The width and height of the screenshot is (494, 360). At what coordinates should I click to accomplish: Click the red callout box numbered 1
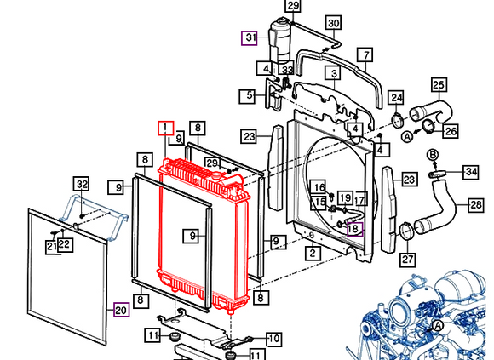coord(164,129)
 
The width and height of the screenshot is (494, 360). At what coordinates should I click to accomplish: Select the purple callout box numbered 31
coord(249,37)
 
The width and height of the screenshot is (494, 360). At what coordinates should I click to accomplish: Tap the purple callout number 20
coord(120,310)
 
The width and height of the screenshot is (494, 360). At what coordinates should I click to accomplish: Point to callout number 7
coord(365,57)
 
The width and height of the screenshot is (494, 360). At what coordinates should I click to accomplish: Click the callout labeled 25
coord(439,84)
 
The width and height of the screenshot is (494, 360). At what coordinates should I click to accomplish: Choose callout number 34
coord(471,173)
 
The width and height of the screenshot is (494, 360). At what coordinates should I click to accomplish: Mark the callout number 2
coord(313,252)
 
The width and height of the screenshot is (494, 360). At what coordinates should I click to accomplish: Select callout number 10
coord(273,339)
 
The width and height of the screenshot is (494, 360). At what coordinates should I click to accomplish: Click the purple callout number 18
coord(353,228)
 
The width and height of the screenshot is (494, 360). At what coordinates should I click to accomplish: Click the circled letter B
coord(432,154)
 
